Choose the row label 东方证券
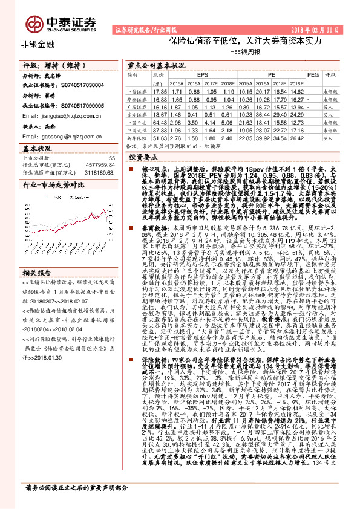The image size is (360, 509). click(x=138, y=114)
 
